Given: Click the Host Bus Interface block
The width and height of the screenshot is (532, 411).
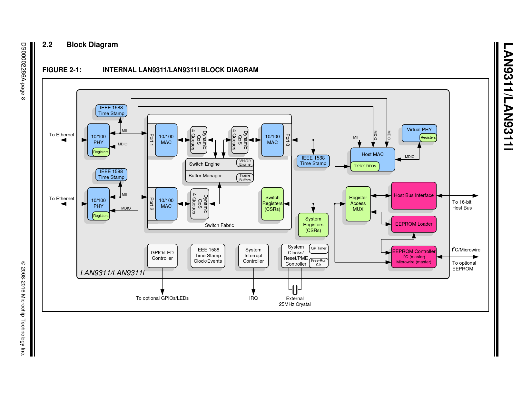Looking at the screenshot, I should pos(414,195).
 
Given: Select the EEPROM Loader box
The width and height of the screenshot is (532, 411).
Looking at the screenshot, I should pos(414,224).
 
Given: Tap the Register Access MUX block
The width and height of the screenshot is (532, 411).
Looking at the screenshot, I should pos(358,203).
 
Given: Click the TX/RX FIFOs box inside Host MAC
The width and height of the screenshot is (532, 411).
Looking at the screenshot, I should pos(365,166).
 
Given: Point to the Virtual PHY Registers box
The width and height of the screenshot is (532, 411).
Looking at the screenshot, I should pos(428,137).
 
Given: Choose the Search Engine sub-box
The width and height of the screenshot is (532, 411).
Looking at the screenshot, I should pos(245,162).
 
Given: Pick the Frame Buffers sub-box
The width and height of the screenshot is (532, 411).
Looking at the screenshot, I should pos(245,178).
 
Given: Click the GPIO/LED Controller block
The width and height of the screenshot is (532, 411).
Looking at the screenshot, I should pos(162,256).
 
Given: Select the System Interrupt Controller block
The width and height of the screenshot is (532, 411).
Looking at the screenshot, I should pos(253,256).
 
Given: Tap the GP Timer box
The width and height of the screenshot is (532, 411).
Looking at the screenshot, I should pos(319,249).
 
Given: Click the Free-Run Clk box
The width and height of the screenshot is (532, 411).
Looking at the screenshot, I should pos(319,263).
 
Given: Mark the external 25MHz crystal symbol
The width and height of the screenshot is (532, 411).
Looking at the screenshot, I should pos(295,289).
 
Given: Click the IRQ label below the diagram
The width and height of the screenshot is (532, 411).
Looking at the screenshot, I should pos(253,298).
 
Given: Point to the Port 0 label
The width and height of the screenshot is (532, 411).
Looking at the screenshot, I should pos(288,140).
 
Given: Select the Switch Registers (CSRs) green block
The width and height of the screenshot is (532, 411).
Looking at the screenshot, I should pos(272,204).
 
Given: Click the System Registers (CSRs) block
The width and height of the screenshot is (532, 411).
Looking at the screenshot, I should pos(313,225).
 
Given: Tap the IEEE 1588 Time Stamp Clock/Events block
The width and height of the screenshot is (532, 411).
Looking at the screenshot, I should pos(208,256).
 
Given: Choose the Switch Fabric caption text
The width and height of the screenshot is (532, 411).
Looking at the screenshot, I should pos(219,225).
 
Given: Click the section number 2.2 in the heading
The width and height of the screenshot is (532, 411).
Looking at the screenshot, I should pos(47,45).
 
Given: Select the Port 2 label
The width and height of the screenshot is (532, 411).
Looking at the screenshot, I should pos(151,204).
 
